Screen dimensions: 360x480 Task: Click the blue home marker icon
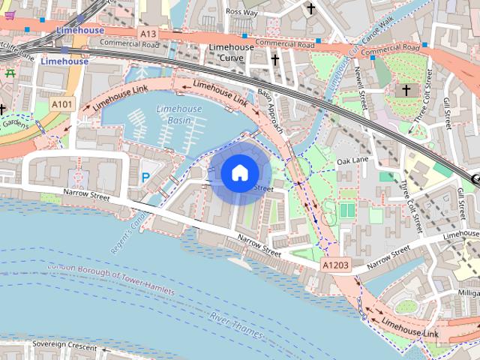[x=239, y=173]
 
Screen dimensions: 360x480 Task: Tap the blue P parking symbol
[x=145, y=178]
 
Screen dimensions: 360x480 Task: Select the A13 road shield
[x=147, y=33]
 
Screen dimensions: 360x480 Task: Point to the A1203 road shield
[x=335, y=265]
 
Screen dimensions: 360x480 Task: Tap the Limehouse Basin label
[x=178, y=115]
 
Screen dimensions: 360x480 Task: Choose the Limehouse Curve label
[x=232, y=52]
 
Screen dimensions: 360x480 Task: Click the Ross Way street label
[x=241, y=13]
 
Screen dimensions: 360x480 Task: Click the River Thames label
[x=236, y=325]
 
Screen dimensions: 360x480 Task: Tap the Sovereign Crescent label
[x=64, y=347]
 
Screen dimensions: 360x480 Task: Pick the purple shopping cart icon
[x=9, y=14]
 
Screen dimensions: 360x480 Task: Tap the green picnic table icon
[x=10, y=73]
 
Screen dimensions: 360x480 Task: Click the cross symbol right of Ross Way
[x=310, y=8]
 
